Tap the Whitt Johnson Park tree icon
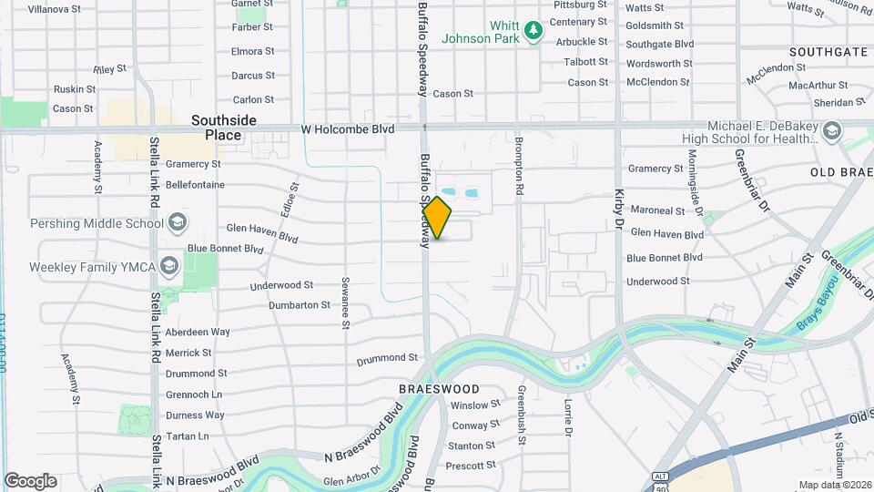pos(533,32)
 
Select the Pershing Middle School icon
pos(178,223)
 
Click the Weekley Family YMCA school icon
pos(168,267)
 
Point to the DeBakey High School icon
pos(832,132)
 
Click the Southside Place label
pos(223,128)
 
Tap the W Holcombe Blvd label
pos(348,130)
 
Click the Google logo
pos(30,481)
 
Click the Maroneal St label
pos(656,210)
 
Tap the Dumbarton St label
pos(300,305)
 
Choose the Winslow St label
pos(475,405)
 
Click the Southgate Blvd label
pos(660,44)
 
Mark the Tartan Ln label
pos(188,436)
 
